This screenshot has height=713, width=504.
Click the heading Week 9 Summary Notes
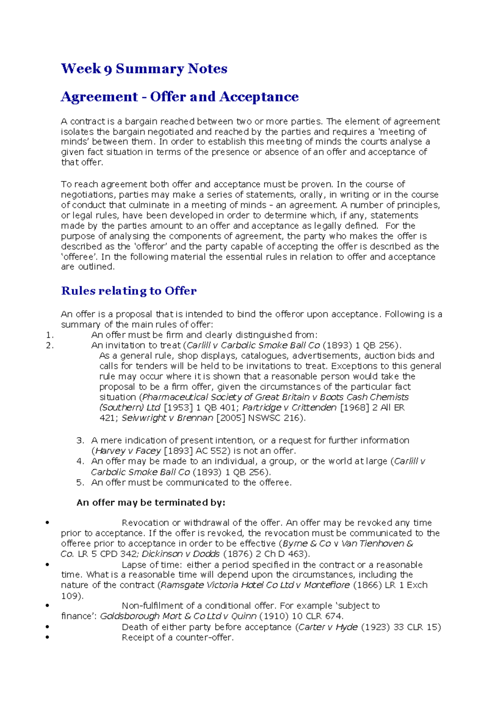coord(144,68)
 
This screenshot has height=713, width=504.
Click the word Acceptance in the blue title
coord(259,97)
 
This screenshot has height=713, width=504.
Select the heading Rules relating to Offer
coord(129,291)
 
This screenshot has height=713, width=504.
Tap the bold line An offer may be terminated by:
coord(151,503)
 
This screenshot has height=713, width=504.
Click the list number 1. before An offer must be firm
coord(50,335)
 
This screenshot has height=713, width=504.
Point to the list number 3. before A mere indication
coord(80,440)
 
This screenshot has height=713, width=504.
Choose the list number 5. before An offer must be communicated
coord(80,482)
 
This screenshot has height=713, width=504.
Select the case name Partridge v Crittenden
coord(289,407)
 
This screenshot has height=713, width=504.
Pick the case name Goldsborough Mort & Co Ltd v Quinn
coord(178,616)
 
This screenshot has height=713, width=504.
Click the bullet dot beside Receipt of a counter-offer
coord(47,637)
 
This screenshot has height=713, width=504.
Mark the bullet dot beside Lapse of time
coord(47,565)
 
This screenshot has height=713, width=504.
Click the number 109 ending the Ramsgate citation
coord(71,596)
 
